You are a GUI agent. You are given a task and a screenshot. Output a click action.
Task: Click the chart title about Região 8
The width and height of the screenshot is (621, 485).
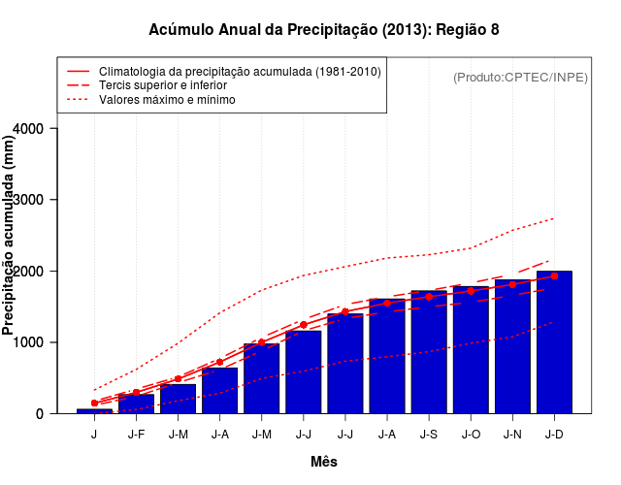(x=324, y=30)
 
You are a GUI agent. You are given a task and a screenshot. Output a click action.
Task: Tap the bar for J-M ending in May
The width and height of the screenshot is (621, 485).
(x=261, y=378)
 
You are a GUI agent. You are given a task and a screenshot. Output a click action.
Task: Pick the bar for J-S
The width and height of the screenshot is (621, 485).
(x=429, y=352)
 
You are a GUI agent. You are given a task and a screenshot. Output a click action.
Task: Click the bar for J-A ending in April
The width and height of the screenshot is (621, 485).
(x=219, y=391)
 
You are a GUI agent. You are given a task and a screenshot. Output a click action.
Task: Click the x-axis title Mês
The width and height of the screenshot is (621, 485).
(x=324, y=462)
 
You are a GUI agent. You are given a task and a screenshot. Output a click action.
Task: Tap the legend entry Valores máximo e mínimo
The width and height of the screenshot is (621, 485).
(x=167, y=99)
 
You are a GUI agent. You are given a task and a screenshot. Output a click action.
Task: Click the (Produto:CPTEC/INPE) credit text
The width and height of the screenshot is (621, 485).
(x=521, y=77)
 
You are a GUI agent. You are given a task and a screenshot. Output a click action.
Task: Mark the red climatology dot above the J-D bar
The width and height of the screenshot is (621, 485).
(x=554, y=275)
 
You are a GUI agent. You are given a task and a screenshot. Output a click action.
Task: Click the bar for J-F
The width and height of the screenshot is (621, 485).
(x=136, y=404)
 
